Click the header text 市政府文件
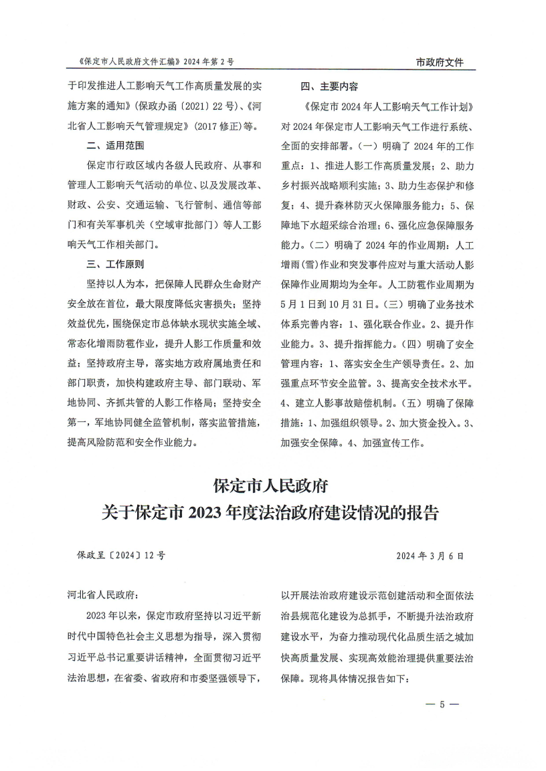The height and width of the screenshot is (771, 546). click(440, 62)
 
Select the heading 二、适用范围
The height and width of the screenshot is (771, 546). click(115, 144)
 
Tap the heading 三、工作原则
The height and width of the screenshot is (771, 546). click(115, 264)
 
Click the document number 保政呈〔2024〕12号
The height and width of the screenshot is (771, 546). click(121, 555)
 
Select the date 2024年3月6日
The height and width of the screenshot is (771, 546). click(430, 555)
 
